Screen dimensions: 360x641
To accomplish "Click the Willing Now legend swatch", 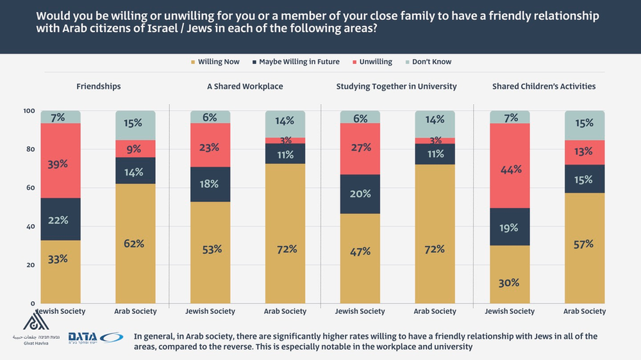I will (x=192, y=62).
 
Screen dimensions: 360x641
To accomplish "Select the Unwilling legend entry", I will (x=374, y=62).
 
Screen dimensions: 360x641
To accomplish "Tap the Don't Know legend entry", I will (x=431, y=62).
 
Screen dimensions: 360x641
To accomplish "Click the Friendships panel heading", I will (x=98, y=86).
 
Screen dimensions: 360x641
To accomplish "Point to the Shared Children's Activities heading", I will (x=544, y=86).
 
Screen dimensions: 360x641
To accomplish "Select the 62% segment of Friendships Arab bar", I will (x=136, y=243).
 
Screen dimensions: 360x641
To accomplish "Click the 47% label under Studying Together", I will (x=360, y=252).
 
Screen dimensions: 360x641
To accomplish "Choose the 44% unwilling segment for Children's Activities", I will (x=510, y=170).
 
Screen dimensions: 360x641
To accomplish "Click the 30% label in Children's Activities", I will (x=510, y=282).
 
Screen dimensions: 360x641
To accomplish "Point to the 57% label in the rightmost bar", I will (x=585, y=244).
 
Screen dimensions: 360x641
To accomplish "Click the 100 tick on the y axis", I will (x=29, y=111).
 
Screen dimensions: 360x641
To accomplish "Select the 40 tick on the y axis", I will (x=30, y=226).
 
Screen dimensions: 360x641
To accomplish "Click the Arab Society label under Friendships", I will (x=136, y=311).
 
